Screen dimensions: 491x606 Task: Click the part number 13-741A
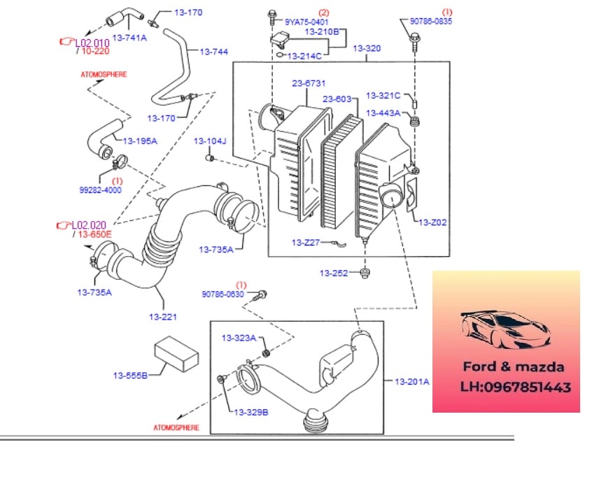(x=129, y=37)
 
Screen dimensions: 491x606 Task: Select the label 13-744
(x=213, y=51)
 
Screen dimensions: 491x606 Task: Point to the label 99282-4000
(x=100, y=190)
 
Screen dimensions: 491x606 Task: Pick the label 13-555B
(x=130, y=376)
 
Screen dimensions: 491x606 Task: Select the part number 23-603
(x=337, y=99)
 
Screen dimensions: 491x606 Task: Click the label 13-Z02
(x=432, y=222)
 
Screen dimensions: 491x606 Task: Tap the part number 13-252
(x=334, y=273)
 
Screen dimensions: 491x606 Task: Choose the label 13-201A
(x=412, y=381)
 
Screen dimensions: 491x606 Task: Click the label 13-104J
(x=211, y=141)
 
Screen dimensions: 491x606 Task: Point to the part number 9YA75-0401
(x=306, y=22)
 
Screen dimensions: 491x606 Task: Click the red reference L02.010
(x=92, y=42)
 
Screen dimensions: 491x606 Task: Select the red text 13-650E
(x=94, y=234)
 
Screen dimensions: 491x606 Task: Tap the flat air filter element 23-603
(x=341, y=172)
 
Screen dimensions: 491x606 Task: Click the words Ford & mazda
(x=513, y=367)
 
